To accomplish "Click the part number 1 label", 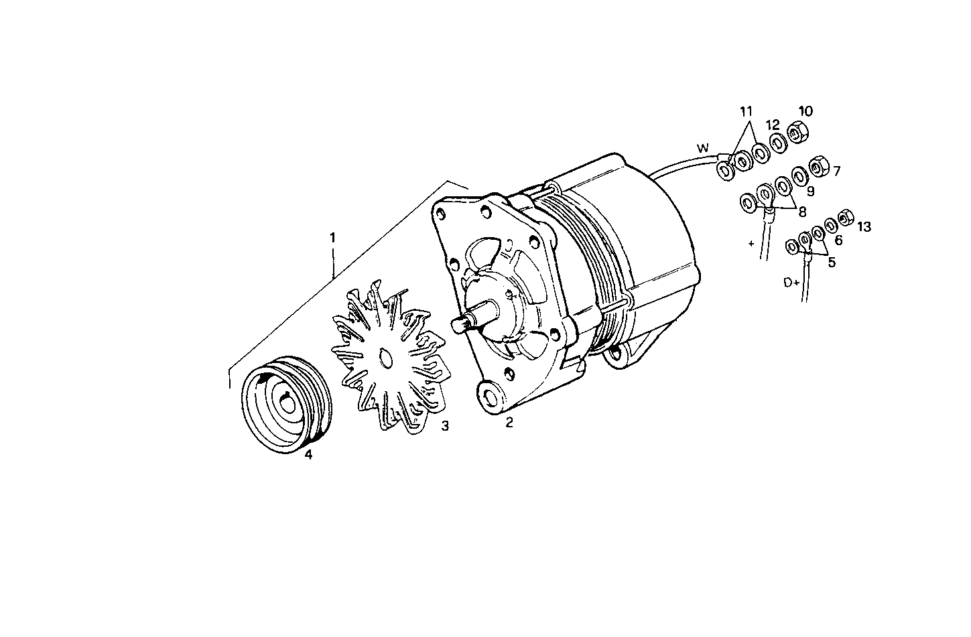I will (x=332, y=237).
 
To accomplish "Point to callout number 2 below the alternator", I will (x=509, y=423).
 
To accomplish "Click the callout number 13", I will (x=864, y=227).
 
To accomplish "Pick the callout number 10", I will (x=805, y=111).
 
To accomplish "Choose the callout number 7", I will (x=836, y=171).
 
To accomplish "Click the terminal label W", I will (x=702, y=147).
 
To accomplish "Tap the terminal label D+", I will (x=791, y=283).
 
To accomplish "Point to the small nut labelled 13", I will (x=844, y=218).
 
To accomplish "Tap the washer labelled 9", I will (x=799, y=176).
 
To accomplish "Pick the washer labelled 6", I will (x=831, y=225).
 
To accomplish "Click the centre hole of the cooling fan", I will (x=385, y=358).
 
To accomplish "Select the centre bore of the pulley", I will (x=286, y=403).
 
